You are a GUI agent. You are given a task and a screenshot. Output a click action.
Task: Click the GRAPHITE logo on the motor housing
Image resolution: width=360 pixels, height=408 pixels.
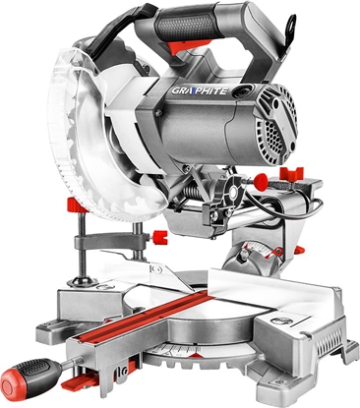[200, 90]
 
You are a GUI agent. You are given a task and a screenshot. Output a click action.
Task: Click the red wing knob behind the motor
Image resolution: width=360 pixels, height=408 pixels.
[291, 173]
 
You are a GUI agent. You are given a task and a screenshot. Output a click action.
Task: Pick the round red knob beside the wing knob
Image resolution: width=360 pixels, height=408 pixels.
[262, 180]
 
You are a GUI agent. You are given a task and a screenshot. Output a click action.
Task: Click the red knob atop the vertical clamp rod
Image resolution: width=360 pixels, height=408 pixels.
[76, 205]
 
